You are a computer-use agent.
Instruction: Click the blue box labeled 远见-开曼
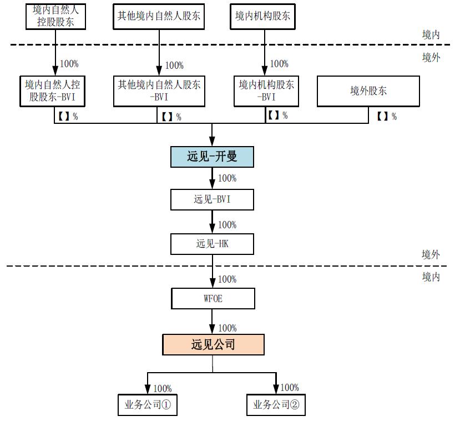212,157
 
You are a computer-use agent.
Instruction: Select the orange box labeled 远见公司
213,344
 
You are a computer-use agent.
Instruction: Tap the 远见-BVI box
212,199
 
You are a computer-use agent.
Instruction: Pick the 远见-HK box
212,243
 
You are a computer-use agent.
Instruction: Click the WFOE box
213,298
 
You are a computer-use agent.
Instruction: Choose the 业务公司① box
147,404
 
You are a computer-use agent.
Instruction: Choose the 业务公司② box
276,404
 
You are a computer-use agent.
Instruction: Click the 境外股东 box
368,91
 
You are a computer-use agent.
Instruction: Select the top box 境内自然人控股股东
57,16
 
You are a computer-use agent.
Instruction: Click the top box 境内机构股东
262,16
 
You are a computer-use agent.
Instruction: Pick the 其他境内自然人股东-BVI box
159,91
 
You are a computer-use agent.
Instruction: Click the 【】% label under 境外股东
387,116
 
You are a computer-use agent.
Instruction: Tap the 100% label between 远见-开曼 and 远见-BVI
227,178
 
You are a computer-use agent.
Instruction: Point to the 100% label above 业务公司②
290,387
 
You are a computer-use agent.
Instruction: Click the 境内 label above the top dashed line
431,34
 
